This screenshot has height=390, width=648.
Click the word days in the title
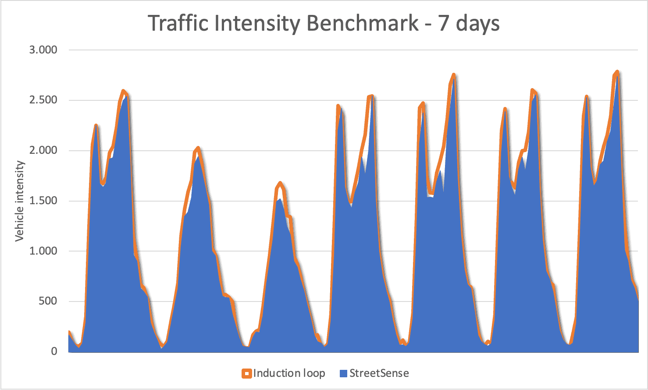click(x=478, y=24)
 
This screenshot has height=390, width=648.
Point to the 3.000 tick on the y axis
click(x=43, y=50)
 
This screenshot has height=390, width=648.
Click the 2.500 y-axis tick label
click(x=43, y=100)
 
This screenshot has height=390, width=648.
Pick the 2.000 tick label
click(x=43, y=150)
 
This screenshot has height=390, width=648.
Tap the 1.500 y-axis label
click(x=43, y=201)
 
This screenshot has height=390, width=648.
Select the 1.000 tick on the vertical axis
click(x=43, y=251)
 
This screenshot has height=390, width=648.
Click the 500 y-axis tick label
click(x=48, y=301)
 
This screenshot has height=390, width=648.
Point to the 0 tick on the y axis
click(x=54, y=351)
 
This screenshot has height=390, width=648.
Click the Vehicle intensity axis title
click(x=20, y=201)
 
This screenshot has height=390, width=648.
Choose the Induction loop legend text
click(x=289, y=373)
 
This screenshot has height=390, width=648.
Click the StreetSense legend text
click(x=379, y=373)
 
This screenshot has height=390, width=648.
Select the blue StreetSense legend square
click(x=343, y=374)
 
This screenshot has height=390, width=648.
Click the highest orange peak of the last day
click(x=617, y=72)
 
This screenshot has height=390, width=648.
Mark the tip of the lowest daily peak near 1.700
click(x=280, y=183)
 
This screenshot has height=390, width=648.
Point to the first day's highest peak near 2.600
click(x=123, y=91)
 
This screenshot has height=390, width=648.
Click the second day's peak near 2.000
click(x=198, y=148)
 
